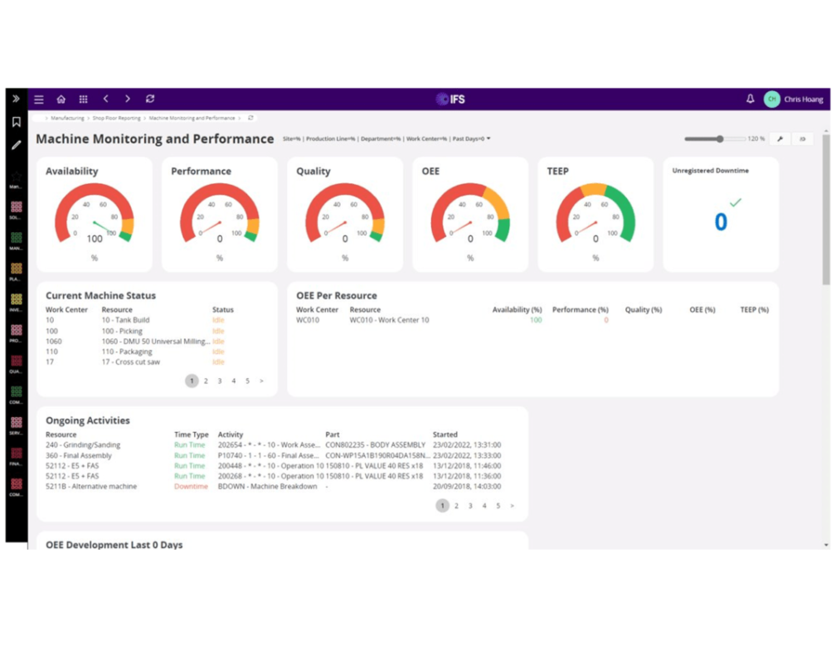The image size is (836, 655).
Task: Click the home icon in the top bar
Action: coord(61,99)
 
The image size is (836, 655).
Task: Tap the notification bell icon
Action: coord(751,99)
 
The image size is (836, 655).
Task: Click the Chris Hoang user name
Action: coord(803,99)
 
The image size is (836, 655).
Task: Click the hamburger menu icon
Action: coord(39,99)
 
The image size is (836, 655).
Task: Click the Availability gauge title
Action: coord(71,171)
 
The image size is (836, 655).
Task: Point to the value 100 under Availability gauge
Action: coord(95,239)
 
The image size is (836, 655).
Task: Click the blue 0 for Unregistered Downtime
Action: coord(721,222)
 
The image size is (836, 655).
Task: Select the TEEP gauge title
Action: coord(557,171)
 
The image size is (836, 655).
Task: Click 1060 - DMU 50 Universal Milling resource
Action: coord(154,342)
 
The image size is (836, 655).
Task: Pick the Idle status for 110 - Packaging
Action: coord(218,352)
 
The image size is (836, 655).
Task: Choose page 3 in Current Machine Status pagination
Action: coord(220,381)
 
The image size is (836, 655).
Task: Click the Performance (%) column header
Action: coord(580,309)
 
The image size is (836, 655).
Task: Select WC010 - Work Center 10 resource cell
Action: coord(389,320)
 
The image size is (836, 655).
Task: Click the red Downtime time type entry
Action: coord(191,487)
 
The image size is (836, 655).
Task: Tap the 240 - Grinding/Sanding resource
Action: coord(83,445)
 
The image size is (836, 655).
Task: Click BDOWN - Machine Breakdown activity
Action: coord(267,487)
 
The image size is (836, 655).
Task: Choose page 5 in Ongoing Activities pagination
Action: coord(498,506)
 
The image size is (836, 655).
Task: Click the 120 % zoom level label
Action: coord(756,139)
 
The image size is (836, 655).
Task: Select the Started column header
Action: coord(445,434)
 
